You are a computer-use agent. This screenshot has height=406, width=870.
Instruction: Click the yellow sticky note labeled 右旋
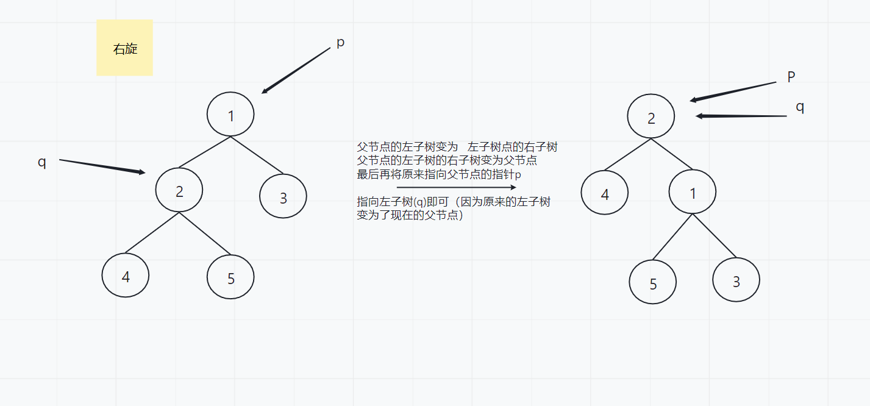click(124, 48)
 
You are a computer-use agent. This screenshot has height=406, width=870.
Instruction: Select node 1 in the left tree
click(230, 115)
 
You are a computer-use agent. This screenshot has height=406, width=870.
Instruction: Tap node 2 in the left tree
click(179, 191)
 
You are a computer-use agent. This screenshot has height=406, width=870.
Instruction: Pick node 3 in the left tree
click(283, 197)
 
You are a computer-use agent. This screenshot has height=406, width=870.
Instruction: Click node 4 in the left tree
click(126, 276)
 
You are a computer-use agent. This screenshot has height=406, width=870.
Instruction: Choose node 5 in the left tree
click(230, 277)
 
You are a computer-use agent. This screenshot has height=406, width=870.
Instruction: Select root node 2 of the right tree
click(651, 117)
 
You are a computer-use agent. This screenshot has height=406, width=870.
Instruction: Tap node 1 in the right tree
click(693, 193)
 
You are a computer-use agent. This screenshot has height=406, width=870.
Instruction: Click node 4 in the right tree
click(605, 194)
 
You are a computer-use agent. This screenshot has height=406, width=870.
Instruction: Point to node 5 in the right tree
click(653, 283)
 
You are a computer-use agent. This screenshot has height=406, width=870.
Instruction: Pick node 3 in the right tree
click(736, 280)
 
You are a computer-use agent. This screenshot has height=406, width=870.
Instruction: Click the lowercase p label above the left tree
click(340, 43)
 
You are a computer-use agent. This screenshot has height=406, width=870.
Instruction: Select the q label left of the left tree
click(42, 163)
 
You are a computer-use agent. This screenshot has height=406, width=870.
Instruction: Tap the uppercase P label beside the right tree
click(791, 77)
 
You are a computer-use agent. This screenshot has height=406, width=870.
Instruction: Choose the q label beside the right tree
click(800, 107)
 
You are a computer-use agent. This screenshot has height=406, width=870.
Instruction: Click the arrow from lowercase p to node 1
click(296, 71)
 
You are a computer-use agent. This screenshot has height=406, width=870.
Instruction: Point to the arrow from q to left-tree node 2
click(102, 166)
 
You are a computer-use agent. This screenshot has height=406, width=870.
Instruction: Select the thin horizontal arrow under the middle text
click(456, 188)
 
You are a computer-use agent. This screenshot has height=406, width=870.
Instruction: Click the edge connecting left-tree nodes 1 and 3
click(257, 155)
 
